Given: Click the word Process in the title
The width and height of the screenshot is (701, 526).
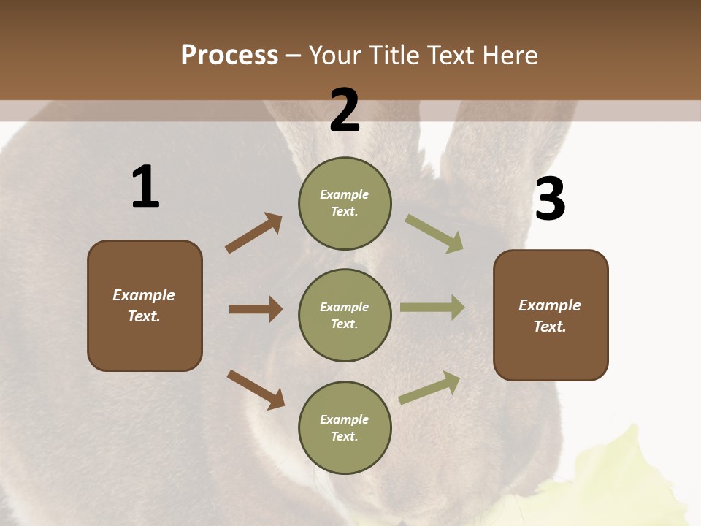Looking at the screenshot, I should (x=229, y=55).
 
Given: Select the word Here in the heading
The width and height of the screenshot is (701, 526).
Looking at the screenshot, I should (x=507, y=55).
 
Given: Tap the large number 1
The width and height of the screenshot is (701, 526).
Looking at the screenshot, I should (x=145, y=187).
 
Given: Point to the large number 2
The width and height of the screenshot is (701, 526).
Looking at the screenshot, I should (x=345, y=110).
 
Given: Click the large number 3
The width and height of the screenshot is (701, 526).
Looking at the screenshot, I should (x=551, y=199).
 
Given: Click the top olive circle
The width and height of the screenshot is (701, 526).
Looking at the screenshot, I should (x=345, y=202).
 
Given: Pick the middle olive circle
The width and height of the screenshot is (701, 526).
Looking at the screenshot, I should (x=345, y=315).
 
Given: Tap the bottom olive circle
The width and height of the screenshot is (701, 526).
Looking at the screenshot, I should (x=345, y=427).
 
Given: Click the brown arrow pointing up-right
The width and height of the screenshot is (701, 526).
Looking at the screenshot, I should (x=254, y=233).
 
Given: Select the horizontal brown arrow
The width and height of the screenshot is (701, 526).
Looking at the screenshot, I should (x=256, y=309).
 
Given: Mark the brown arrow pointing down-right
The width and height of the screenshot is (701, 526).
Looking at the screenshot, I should (x=256, y=389).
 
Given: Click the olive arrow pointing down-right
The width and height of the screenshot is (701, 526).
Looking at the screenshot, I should (x=434, y=234).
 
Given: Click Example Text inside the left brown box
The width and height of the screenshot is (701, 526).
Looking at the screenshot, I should (x=144, y=305).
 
